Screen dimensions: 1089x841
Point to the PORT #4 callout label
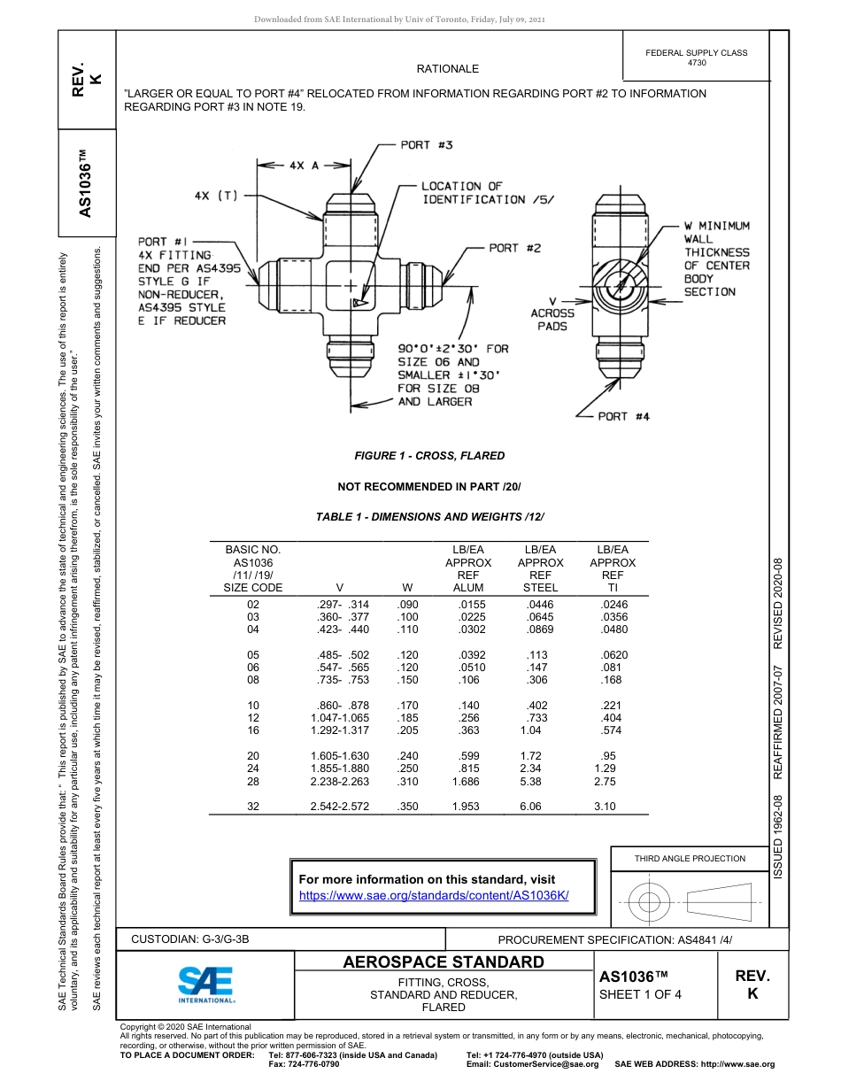click(x=623, y=416)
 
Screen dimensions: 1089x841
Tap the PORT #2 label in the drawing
click(x=514, y=249)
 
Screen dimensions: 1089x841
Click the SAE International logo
click(x=205, y=984)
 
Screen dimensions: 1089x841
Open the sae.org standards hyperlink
click(x=434, y=895)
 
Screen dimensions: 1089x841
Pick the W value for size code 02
click(x=408, y=605)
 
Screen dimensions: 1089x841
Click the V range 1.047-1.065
click(x=340, y=718)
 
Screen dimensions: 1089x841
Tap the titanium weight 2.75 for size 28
click(x=605, y=782)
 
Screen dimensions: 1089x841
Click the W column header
click(x=407, y=587)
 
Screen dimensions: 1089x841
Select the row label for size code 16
click(x=253, y=730)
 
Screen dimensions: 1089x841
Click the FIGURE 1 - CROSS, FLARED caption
click(x=429, y=456)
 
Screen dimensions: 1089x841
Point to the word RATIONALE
click(x=447, y=69)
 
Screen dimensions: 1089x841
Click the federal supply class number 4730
click(x=696, y=63)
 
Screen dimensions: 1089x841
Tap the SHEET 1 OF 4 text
click(x=641, y=993)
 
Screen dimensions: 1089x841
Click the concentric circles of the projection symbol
click(x=650, y=902)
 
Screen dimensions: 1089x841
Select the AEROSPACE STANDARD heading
click(x=444, y=962)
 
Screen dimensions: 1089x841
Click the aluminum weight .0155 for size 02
click(x=466, y=605)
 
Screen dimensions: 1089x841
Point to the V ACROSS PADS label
click(x=552, y=313)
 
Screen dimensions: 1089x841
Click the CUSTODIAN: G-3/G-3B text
click(x=197, y=938)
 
